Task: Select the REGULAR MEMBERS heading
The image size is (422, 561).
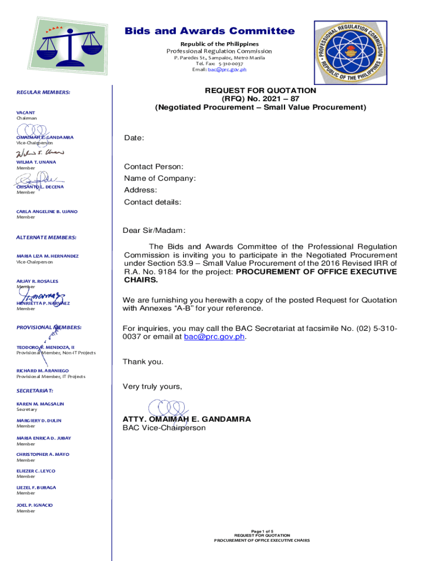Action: pos(43,93)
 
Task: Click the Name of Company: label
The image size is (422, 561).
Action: pos(159,178)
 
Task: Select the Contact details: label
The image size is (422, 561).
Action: pos(152,202)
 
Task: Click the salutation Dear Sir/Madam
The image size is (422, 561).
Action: pos(154,231)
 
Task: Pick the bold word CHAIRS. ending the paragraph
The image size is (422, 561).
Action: pos(141,280)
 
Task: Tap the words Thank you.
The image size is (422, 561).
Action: pos(142,362)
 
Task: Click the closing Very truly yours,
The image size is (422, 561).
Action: pos(152,386)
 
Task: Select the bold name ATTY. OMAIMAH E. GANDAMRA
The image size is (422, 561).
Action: pos(186,419)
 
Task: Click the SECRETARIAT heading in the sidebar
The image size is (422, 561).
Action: pos(35,391)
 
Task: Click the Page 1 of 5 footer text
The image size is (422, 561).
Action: pos(261,531)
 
